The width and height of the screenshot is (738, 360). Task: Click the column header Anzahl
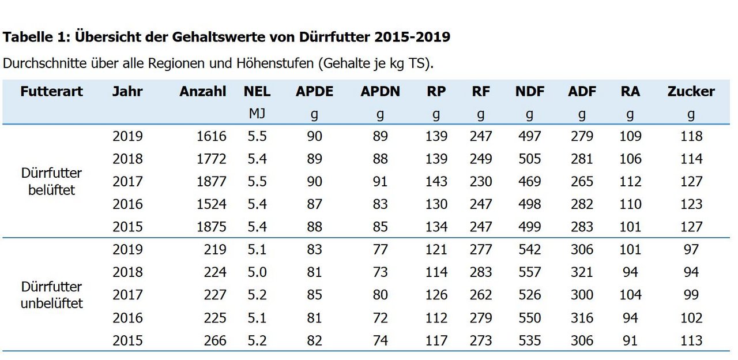(x=202, y=92)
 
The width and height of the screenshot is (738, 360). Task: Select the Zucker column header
(x=691, y=92)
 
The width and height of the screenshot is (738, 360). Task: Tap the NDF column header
(x=529, y=92)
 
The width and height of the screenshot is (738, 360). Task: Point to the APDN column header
(x=380, y=92)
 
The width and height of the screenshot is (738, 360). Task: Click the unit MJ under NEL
(x=257, y=114)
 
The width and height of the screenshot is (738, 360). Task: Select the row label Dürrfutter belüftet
(x=51, y=181)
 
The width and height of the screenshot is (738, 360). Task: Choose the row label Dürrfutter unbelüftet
(x=51, y=295)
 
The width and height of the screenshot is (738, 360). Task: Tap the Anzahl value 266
(x=215, y=340)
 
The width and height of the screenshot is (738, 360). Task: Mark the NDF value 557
(x=529, y=272)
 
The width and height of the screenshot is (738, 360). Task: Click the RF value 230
(x=480, y=182)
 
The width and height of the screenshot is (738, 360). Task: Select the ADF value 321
(x=581, y=272)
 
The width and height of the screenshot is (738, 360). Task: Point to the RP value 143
(x=436, y=182)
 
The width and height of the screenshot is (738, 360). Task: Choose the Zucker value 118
(x=691, y=137)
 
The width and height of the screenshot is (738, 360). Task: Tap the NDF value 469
(x=529, y=182)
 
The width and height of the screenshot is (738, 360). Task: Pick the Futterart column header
(x=51, y=92)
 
